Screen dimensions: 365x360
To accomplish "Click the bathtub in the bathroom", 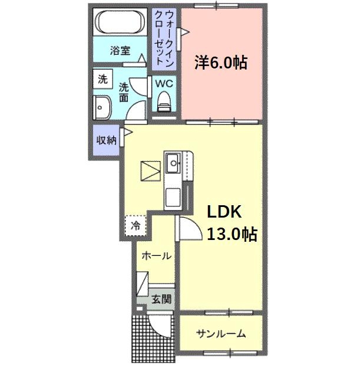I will pos(121,24).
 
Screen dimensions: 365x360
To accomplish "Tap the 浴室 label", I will pos(120,51).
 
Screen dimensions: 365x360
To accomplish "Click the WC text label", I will pos(164,84).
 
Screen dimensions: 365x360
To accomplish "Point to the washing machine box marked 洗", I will pos(103,79).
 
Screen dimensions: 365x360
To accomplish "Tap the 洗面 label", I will pos(124,92).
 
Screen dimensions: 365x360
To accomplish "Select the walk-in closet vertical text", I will pos(165,38).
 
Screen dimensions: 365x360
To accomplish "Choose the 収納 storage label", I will pos(106,140).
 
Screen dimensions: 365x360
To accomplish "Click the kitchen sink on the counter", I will pos(174,161).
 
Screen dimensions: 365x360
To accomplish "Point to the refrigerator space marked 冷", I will pos(136,225).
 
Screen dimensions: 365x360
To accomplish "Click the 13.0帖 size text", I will pos(231,234).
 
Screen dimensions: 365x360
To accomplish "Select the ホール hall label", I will pos(157,256).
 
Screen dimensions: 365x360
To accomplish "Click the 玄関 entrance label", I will pos(160,299).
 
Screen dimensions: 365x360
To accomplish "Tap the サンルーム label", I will pos(221,334).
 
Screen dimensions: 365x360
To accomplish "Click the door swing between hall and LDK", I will pos(190,229).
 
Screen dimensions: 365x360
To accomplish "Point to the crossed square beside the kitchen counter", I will pos(150,171).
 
